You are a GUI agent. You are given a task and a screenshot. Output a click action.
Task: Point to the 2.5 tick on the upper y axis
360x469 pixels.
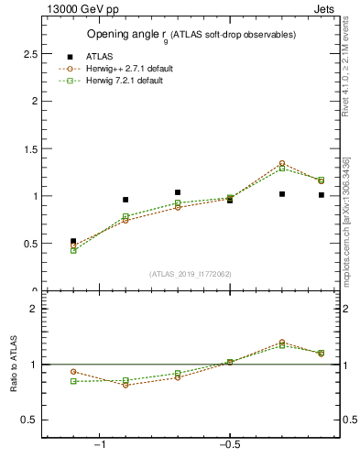[31, 53]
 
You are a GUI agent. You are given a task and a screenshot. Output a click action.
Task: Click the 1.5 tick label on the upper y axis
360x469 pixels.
[31, 148]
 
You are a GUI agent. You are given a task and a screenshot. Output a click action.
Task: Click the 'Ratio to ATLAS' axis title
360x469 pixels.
[14, 365]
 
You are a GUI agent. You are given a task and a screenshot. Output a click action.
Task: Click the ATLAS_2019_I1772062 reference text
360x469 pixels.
[190, 274]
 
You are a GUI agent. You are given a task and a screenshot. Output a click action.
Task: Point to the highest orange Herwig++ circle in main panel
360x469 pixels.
[282, 163]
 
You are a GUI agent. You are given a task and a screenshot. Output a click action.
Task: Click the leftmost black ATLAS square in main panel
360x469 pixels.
[73, 241]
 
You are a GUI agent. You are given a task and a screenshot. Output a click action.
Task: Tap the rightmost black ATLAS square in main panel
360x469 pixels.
[321, 195]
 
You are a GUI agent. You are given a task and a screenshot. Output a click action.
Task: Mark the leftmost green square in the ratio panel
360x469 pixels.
[73, 381]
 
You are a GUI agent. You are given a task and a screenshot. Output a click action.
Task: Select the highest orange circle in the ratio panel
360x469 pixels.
[282, 343]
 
